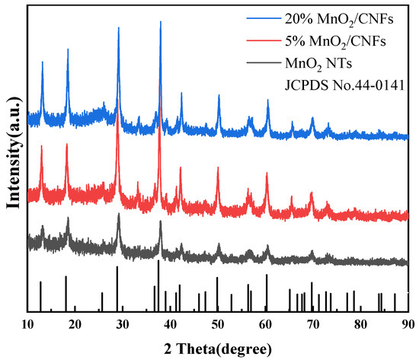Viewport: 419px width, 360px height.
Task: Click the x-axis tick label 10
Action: tap(28, 324)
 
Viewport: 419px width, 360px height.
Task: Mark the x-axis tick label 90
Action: tap(408, 324)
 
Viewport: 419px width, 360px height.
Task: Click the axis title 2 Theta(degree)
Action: tap(218, 349)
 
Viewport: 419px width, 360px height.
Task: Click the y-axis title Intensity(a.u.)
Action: tap(12, 161)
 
